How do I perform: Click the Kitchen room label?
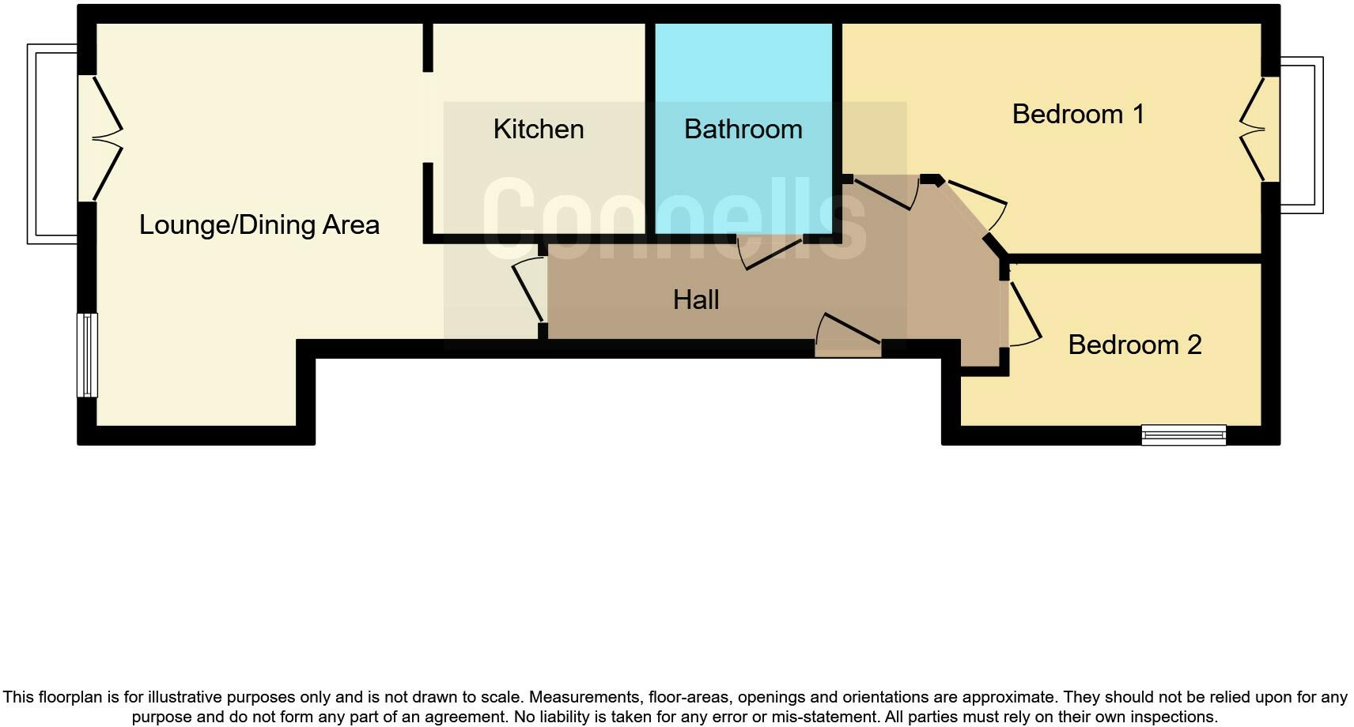tap(539, 129)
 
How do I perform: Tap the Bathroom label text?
tap(743, 129)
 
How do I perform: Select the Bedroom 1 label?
tap(1078, 114)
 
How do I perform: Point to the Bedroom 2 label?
tap(1134, 345)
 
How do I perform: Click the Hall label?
tap(696, 299)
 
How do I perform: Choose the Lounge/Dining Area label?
tap(259, 224)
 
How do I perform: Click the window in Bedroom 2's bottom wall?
tap(1183, 435)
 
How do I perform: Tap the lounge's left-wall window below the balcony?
tap(87, 355)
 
